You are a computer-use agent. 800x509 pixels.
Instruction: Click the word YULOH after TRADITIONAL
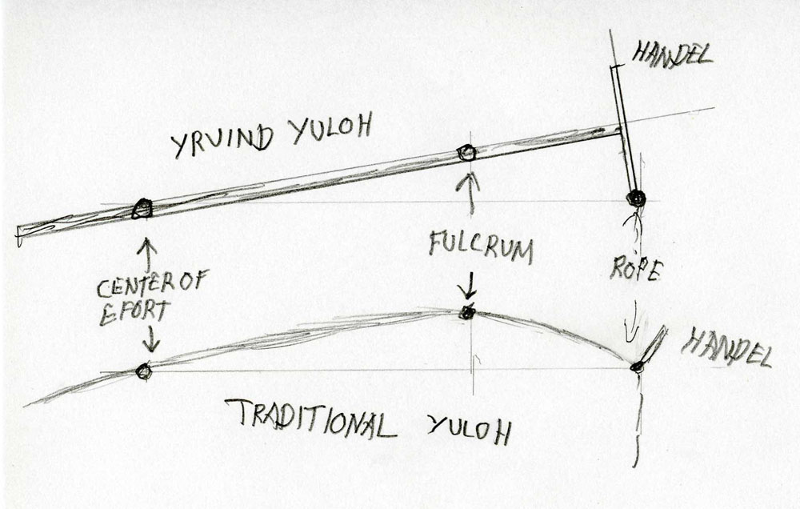469,429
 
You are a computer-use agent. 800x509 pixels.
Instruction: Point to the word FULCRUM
481,246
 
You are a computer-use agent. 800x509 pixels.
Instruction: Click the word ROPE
636,270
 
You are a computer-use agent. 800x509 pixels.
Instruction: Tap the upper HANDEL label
672,54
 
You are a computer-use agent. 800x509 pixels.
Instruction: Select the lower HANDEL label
727,347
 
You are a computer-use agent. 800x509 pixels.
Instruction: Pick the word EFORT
134,312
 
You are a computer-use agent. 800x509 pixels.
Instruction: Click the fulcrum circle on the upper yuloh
466,153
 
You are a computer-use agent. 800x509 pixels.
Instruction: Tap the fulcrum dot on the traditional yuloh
466,312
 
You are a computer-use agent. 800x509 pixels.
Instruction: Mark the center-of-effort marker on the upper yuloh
142,209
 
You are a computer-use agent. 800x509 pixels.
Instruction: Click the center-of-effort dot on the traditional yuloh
144,371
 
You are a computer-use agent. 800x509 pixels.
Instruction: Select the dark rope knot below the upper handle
636,198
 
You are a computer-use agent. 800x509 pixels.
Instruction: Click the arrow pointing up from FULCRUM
471,193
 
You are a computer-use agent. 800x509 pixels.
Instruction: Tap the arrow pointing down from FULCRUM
466,284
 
